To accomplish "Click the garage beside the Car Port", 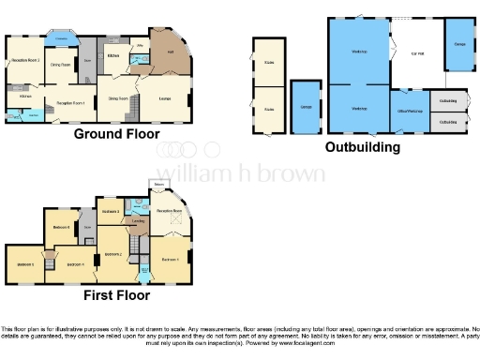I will (x=460, y=45).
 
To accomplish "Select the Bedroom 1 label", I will (x=171, y=259).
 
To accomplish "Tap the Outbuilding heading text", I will (x=362, y=147).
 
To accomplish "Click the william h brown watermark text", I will (x=240, y=173).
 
